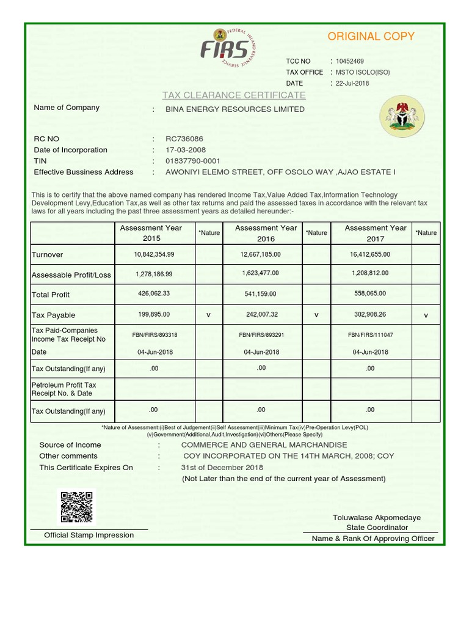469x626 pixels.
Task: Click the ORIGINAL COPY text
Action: point(371,37)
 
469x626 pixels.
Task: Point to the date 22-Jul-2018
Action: point(352,83)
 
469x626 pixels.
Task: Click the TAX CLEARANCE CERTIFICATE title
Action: point(234,95)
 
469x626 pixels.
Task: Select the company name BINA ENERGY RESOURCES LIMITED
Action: point(235,109)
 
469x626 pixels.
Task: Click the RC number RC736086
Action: point(184,139)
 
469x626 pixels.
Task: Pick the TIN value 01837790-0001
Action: point(193,161)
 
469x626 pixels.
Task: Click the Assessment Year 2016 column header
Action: point(266,233)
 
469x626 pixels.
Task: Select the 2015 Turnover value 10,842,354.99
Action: point(154,254)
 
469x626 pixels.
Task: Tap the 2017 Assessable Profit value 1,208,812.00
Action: point(370,273)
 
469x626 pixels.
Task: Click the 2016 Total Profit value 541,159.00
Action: point(260,294)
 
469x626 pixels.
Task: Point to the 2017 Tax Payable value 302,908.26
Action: point(370,314)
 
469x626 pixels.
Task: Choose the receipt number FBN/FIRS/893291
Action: point(261,335)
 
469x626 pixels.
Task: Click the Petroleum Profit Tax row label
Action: point(64,389)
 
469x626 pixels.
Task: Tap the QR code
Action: point(76,507)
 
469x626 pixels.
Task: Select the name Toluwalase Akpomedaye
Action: point(377,518)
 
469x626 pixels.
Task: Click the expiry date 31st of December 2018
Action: point(222,468)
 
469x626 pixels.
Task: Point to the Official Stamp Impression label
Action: point(89,536)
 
